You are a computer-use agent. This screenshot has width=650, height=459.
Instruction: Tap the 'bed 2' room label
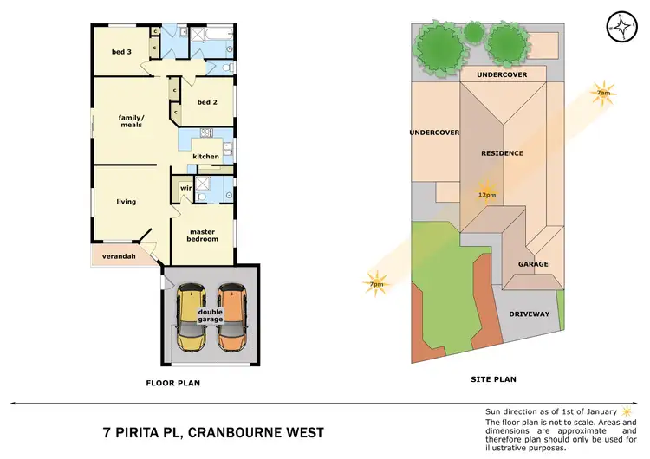click(x=205, y=102)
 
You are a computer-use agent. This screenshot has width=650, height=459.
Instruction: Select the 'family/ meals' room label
click(x=131, y=121)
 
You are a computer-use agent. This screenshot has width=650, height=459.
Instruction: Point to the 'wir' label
click(x=185, y=188)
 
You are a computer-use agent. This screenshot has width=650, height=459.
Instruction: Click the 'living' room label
click(x=127, y=202)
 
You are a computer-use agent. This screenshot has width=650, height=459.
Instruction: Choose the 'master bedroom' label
click(x=203, y=235)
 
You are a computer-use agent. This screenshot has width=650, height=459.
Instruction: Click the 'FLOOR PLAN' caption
click(x=173, y=381)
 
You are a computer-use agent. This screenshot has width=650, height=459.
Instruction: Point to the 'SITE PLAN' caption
click(x=492, y=379)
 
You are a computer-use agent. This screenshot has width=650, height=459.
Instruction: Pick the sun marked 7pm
click(x=375, y=283)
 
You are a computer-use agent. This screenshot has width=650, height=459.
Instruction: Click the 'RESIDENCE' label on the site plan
click(x=503, y=153)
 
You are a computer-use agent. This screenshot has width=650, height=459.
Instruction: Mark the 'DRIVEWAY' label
click(x=529, y=314)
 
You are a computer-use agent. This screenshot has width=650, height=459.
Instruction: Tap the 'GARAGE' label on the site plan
click(x=534, y=264)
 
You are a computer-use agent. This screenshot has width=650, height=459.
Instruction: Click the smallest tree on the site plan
click(x=473, y=32)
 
